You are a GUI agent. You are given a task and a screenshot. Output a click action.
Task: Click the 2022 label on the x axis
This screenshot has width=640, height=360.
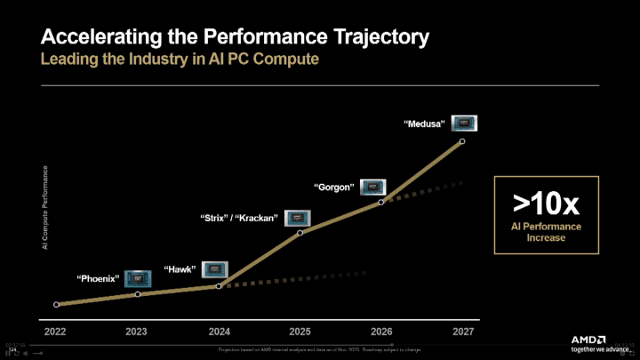(x=55, y=331)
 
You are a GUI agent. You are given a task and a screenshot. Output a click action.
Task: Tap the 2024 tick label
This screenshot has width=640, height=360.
(x=219, y=331)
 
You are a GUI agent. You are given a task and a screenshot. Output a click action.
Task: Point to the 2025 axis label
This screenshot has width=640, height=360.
(x=300, y=331)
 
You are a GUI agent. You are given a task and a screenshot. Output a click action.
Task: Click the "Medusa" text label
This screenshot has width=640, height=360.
(x=425, y=124)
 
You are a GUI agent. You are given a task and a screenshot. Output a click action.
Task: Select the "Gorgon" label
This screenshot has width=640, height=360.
(x=334, y=188)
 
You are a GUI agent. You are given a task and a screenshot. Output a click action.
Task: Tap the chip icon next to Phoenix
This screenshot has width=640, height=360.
(x=138, y=277)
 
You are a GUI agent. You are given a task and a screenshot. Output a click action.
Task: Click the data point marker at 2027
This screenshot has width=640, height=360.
(x=461, y=141)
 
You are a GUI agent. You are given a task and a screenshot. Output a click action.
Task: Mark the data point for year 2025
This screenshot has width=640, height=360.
(x=300, y=233)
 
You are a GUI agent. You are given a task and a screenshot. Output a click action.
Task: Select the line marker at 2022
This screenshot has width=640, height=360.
(x=56, y=304)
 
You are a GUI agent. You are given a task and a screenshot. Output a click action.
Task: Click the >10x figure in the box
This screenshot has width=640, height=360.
(x=546, y=204)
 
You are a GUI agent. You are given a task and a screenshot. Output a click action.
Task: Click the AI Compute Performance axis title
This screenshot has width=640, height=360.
(x=44, y=208)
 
